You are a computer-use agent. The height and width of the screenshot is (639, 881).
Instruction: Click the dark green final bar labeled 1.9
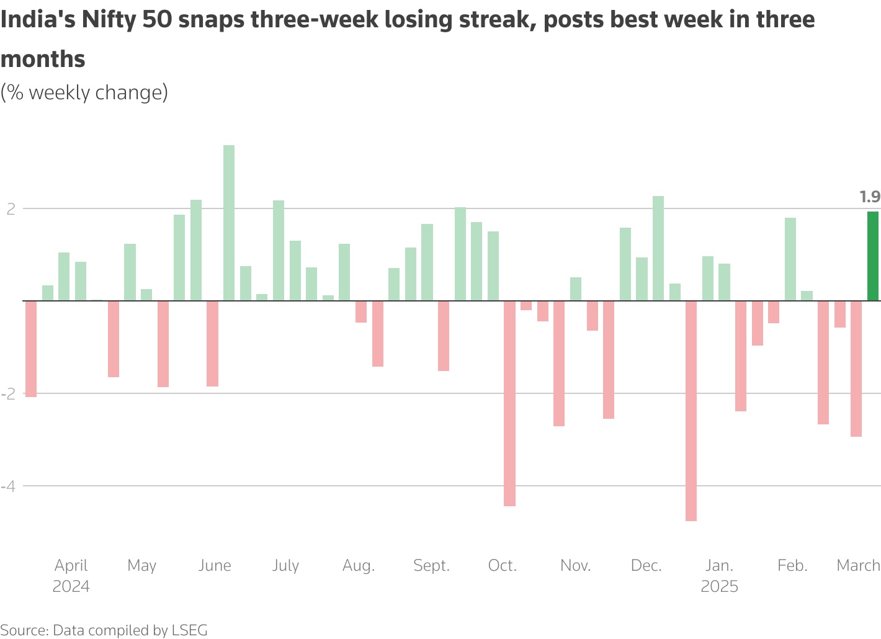click(872, 256)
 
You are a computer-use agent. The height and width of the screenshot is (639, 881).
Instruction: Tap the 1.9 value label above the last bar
click(870, 197)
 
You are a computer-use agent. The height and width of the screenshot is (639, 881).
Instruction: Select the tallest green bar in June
click(229, 223)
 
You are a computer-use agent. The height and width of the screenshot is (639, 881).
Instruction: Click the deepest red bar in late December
click(691, 411)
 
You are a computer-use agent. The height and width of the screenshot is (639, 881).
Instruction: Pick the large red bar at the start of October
click(509, 403)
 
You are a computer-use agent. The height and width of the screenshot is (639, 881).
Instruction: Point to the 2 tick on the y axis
click(11, 209)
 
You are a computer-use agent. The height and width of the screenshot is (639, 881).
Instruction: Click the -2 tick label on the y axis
click(8, 394)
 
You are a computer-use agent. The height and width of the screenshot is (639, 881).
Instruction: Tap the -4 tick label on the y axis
click(8, 486)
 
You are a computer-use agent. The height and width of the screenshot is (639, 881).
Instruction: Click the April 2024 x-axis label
click(71, 576)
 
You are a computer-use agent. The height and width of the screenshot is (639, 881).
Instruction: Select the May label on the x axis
click(141, 566)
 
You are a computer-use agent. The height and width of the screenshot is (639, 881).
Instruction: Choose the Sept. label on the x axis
click(431, 566)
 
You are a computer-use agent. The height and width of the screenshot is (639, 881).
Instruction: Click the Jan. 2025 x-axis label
click(719, 576)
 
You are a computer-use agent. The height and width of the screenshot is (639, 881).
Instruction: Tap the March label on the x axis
click(858, 566)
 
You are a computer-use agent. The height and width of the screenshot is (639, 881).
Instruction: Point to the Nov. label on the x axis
click(575, 566)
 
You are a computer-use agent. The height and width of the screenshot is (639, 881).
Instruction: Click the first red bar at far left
click(31, 349)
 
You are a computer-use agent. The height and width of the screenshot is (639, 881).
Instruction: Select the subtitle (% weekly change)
click(84, 92)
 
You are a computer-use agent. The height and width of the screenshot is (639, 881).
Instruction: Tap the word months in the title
click(43, 60)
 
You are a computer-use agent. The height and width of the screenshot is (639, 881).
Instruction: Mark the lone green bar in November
click(576, 289)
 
